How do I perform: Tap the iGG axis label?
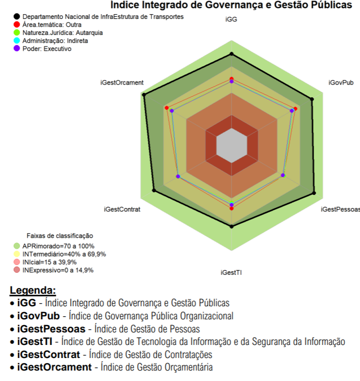[x=231, y=19]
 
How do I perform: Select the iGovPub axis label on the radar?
[x=341, y=83]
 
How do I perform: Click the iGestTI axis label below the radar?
[x=231, y=272]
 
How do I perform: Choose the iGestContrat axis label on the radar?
[x=122, y=209]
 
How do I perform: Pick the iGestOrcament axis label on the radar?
[x=122, y=83]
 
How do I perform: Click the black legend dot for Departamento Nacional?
[x=17, y=17]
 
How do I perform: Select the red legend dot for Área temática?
[x=17, y=25]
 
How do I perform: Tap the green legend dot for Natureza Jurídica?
[x=17, y=32]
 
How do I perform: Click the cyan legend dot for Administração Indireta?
[x=17, y=40]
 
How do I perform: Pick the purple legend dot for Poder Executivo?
[x=17, y=48]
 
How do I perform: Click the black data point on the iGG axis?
[x=231, y=54]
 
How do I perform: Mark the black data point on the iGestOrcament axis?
[x=144, y=95]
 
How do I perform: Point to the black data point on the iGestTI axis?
[x=231, y=226]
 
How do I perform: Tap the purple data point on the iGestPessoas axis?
[x=283, y=176]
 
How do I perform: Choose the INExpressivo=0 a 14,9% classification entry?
[x=57, y=270]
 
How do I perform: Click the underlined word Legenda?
[x=33, y=291]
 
